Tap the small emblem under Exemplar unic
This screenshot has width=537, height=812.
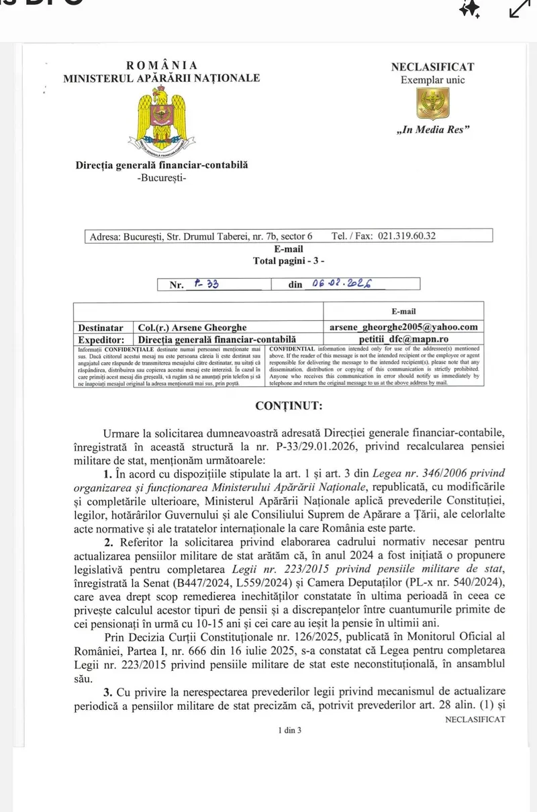click(x=432, y=103)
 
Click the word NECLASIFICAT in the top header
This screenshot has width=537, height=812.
click(x=432, y=67)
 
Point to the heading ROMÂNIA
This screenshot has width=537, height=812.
click(x=162, y=66)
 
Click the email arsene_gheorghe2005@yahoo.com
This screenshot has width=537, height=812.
click(x=403, y=327)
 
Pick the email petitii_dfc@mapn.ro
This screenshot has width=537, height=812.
click(x=403, y=339)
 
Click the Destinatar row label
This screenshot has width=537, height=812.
click(x=101, y=328)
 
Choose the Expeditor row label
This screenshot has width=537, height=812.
click(x=101, y=340)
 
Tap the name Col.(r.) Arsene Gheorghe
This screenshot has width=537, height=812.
click(x=191, y=328)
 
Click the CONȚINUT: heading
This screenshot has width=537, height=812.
click(x=289, y=406)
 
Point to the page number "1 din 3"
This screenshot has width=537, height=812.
click(x=289, y=730)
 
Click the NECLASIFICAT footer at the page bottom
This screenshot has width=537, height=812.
click(x=475, y=719)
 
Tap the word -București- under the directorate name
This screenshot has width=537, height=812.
click(x=161, y=177)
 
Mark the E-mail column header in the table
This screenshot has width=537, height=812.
click(x=403, y=312)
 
